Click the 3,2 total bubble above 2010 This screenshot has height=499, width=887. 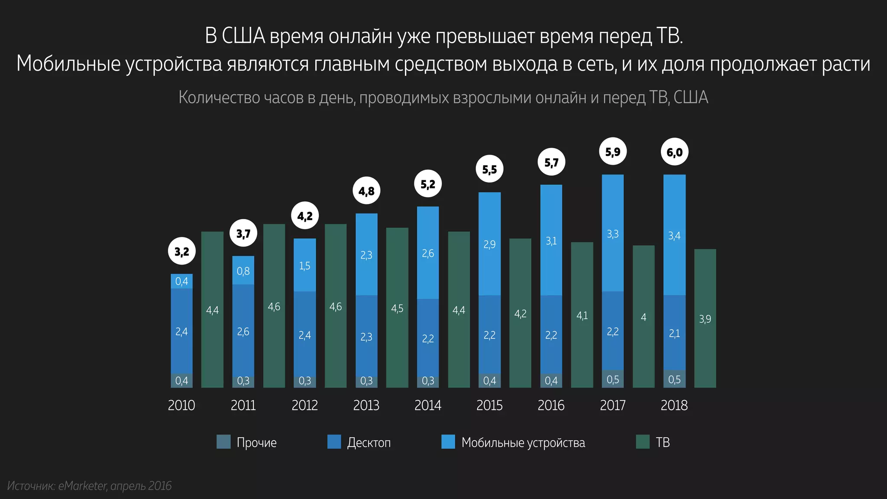[x=181, y=251]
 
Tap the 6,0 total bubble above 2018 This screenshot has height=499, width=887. [x=674, y=152]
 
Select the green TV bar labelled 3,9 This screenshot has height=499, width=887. [x=705, y=318]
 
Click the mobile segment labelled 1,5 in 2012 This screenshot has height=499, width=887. [x=304, y=265]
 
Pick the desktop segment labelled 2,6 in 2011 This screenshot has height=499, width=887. [x=243, y=331]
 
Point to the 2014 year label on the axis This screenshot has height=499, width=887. [x=427, y=405]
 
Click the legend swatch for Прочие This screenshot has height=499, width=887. [x=223, y=442]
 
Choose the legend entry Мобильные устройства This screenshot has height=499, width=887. [x=523, y=442]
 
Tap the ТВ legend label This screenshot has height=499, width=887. [x=663, y=442]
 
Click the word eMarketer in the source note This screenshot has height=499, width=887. [x=82, y=486]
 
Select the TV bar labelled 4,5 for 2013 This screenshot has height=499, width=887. [x=397, y=308]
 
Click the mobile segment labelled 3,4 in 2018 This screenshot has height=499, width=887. [x=674, y=235]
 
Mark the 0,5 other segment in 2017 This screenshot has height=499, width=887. [x=613, y=379]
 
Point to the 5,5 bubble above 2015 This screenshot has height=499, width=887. [x=489, y=169]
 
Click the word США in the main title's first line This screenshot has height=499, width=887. [x=243, y=36]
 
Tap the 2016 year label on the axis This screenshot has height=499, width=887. [x=551, y=405]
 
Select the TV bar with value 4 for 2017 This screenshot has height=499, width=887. [x=644, y=317]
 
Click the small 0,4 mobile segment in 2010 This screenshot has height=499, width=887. [x=181, y=281]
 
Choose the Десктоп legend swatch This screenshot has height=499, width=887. [x=334, y=442]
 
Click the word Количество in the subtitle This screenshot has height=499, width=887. [x=219, y=97]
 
